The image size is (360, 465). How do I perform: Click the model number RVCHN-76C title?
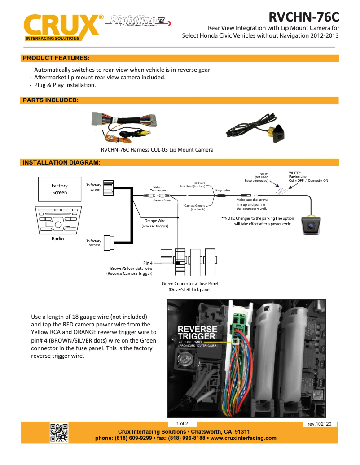point(303,17)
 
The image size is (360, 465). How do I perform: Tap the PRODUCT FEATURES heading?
point(56,58)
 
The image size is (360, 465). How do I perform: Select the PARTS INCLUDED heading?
point(51,100)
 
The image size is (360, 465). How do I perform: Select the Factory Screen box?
point(59,189)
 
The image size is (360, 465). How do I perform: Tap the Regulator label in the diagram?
point(223,191)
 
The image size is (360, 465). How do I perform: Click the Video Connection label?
point(157,189)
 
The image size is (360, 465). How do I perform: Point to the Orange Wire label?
point(155,221)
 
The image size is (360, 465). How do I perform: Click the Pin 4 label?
point(148,263)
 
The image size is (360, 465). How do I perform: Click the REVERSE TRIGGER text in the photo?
point(198,333)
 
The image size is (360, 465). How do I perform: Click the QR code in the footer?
point(59,433)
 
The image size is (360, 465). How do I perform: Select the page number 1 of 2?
point(182,423)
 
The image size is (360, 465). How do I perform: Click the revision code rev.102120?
point(320,424)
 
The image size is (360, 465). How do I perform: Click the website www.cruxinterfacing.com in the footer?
point(243,438)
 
